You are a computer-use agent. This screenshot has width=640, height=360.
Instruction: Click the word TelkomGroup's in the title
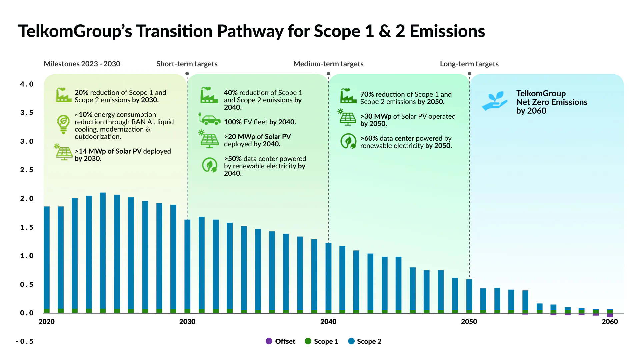click(75, 31)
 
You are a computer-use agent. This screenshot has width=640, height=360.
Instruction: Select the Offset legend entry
click(280, 341)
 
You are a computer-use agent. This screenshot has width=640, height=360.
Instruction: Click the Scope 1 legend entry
click(322, 341)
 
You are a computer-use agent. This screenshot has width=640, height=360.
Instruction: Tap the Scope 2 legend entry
click(365, 341)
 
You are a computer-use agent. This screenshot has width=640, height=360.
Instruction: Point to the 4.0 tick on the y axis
click(27, 84)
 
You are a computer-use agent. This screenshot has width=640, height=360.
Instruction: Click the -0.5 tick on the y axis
click(25, 341)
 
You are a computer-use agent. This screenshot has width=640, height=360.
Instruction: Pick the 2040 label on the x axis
click(328, 322)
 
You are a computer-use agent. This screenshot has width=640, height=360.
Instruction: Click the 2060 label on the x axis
click(610, 322)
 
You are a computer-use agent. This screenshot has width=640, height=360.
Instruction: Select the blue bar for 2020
click(47, 258)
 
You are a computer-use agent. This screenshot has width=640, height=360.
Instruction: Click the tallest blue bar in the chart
click(103, 251)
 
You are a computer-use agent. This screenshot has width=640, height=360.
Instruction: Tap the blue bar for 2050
click(469, 295)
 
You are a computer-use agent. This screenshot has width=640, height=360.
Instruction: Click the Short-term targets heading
click(187, 64)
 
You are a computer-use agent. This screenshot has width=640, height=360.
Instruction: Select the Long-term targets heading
click(469, 64)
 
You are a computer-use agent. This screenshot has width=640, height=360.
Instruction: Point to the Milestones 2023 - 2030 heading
click(82, 64)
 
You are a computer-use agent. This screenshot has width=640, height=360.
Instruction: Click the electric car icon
click(210, 119)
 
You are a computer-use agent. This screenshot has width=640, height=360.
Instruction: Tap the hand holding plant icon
click(495, 101)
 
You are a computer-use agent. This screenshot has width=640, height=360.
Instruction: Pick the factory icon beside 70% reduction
click(348, 96)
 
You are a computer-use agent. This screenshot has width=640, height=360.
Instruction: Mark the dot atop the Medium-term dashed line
click(329, 74)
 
